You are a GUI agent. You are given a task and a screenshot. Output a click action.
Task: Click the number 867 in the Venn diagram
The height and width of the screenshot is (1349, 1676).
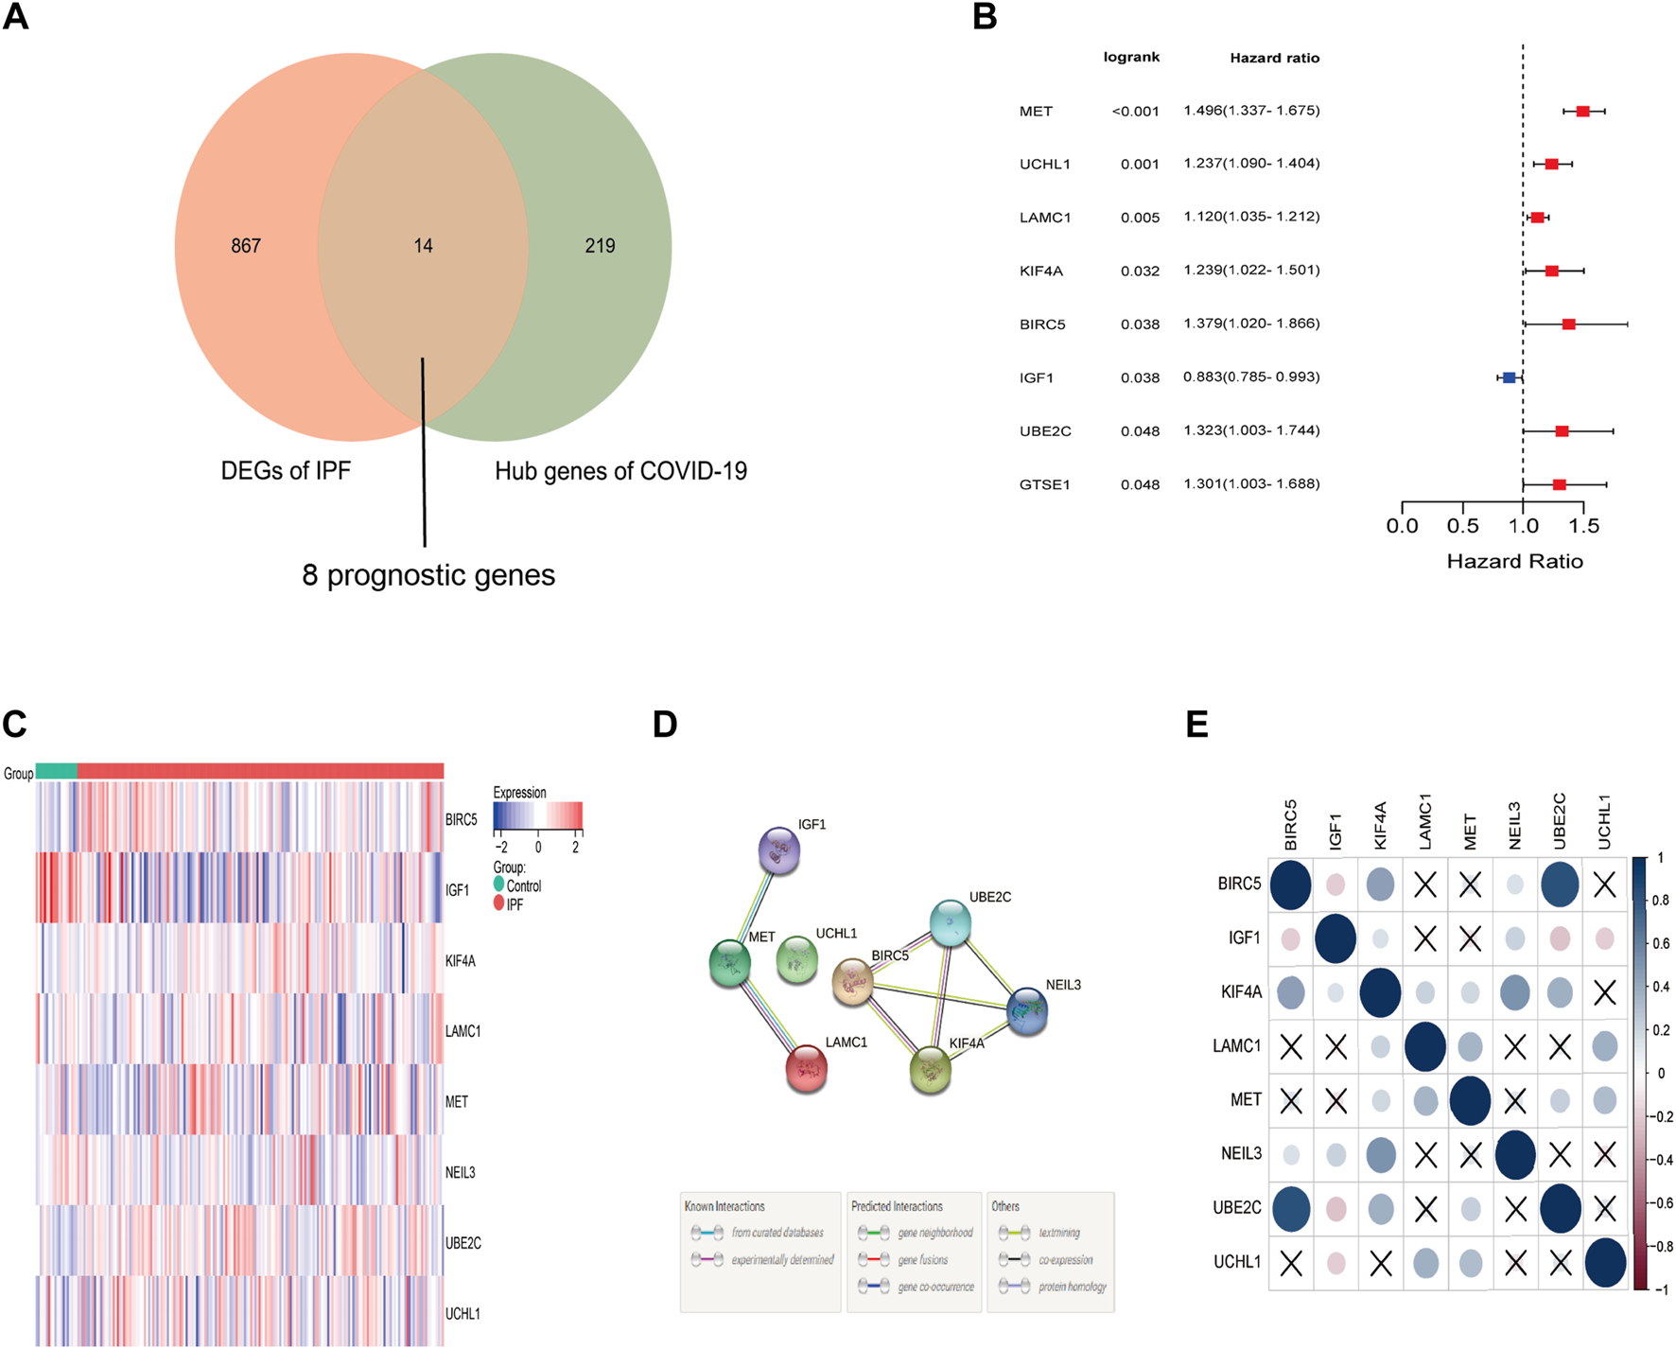click(x=246, y=246)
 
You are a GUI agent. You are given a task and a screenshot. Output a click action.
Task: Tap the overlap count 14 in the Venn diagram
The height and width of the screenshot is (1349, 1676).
click(x=423, y=246)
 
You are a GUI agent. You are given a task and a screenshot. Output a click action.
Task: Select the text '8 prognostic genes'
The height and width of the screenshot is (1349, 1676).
click(x=428, y=575)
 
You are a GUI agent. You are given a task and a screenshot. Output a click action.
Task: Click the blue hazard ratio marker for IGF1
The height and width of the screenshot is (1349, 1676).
click(x=1509, y=377)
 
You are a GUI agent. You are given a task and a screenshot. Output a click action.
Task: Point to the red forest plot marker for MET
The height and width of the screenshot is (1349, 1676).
click(x=1582, y=112)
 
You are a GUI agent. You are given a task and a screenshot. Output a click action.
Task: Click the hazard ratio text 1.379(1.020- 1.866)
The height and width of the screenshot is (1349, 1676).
click(x=1251, y=324)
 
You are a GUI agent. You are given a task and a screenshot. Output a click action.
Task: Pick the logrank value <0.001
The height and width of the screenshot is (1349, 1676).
click(x=1135, y=112)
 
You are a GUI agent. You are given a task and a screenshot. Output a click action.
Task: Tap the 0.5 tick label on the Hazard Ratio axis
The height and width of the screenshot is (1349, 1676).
click(x=1462, y=526)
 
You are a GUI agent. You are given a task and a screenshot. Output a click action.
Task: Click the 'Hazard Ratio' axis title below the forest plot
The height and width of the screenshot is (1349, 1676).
click(x=1514, y=562)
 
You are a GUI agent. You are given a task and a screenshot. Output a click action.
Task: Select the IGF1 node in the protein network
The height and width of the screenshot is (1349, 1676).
click(x=779, y=850)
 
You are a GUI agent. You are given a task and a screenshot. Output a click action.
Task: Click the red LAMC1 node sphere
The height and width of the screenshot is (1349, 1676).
click(x=807, y=1069)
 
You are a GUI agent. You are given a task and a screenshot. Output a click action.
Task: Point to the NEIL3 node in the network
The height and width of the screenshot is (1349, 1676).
click(x=1027, y=1010)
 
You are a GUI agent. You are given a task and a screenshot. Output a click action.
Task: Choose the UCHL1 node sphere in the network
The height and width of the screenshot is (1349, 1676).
click(x=797, y=960)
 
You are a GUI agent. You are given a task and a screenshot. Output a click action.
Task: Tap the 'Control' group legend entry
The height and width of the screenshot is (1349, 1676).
click(x=523, y=886)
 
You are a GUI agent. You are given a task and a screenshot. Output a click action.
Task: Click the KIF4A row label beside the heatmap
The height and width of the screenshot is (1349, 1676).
click(x=461, y=961)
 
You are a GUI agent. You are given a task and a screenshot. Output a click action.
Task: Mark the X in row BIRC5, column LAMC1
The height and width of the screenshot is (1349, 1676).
click(x=1425, y=885)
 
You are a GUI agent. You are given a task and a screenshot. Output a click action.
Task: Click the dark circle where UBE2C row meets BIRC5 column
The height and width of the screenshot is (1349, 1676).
click(x=1291, y=1208)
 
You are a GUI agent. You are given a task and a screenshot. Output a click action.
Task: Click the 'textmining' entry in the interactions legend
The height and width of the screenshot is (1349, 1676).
click(x=1058, y=1233)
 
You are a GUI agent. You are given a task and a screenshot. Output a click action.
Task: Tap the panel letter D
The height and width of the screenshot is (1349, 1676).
click(x=665, y=725)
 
